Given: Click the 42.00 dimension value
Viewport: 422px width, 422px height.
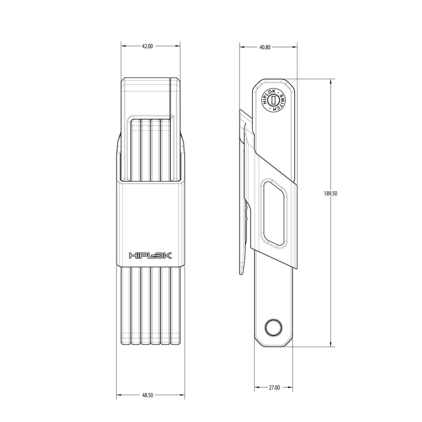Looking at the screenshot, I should coord(147,47).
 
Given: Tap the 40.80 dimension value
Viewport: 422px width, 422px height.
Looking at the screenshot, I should coord(265,47).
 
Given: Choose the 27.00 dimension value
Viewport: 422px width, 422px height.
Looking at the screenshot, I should coord(274,388).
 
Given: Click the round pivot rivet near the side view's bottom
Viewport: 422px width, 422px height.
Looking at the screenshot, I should coord(273,328).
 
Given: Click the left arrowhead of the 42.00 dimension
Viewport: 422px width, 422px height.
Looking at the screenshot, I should coord(123,47).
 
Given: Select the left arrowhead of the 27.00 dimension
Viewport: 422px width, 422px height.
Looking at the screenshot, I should coord(256,388).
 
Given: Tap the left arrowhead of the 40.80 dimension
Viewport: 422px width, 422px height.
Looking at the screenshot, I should coord(242,47).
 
